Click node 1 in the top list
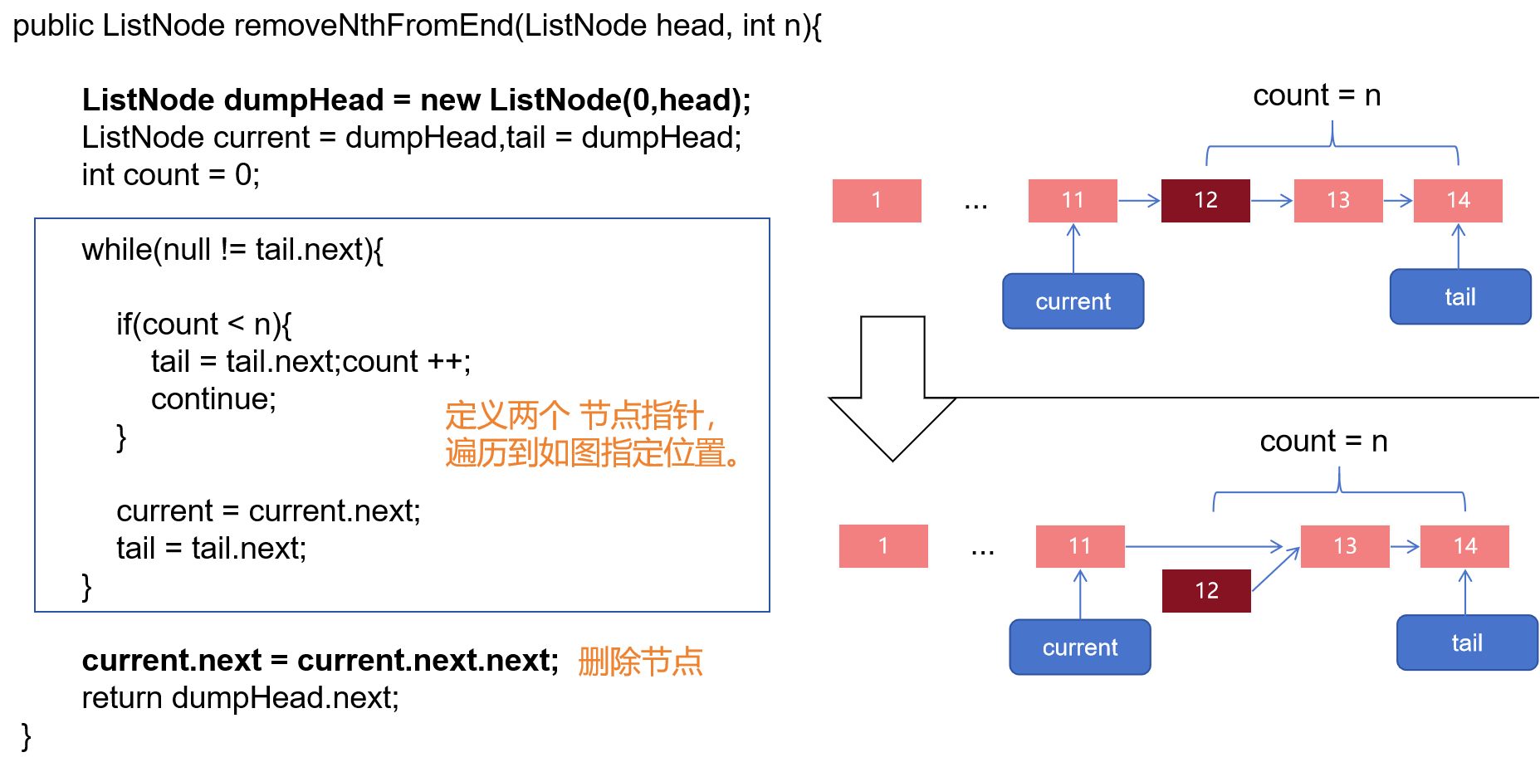877,201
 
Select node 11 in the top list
1073,201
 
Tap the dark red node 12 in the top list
1205,201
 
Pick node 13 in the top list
1338,201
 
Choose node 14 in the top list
1458,201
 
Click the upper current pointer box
1073,301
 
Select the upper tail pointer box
1460,297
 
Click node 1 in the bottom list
883,546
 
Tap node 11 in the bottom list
1080,546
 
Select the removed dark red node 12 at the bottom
1206,591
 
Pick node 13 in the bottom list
1345,546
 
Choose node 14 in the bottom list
1464,546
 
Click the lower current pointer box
1080,647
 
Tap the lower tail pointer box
1467,643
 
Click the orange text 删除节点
640,662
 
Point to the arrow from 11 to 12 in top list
1139,200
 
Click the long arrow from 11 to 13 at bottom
1204,546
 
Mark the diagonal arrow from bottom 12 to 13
1275,569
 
